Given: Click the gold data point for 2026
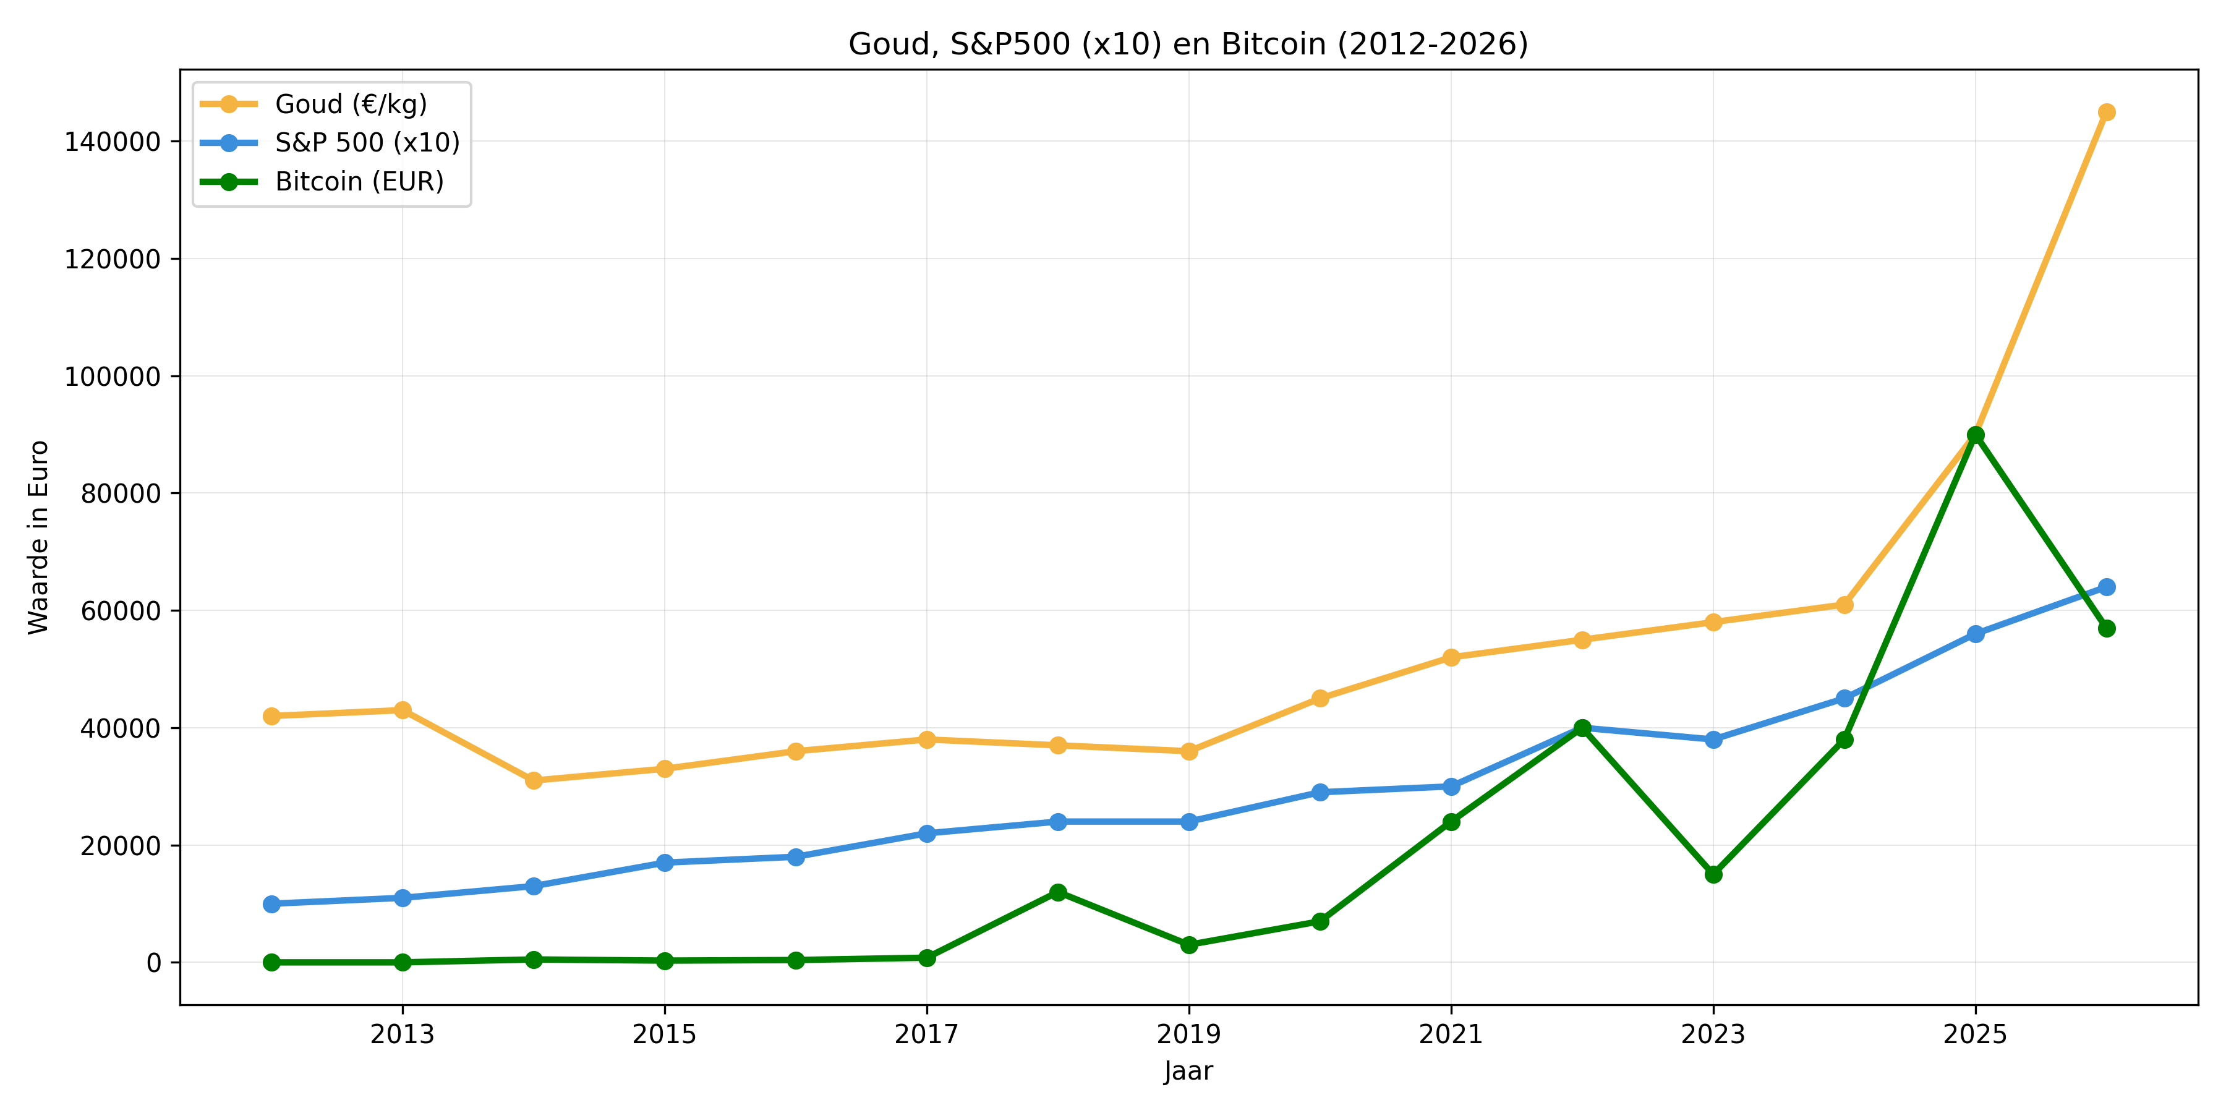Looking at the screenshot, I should coord(2106,113).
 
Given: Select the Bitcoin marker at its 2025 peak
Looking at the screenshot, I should coord(1976,435).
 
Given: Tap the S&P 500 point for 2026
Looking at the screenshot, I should coord(2106,587).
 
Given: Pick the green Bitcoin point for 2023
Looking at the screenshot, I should coord(1713,874).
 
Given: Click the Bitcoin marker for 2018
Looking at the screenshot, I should coord(1058,892).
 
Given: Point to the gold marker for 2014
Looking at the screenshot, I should coord(533,780).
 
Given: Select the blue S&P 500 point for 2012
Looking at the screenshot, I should coord(271,904).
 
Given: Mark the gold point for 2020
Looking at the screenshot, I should coord(1320,698).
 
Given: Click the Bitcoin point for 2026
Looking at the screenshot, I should coord(2106,628).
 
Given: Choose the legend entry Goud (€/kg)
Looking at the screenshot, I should coord(351,104).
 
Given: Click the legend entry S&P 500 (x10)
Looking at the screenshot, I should coord(367,143).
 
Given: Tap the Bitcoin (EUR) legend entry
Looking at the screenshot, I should coord(359,181).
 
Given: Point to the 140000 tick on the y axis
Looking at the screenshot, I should coord(113,142).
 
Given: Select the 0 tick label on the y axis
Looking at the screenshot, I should coord(154,963).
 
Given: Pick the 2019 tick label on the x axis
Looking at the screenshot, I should coord(1189,1033).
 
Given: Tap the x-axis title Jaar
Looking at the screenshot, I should coord(1188,1072).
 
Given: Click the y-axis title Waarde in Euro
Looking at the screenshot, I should coord(38,537).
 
